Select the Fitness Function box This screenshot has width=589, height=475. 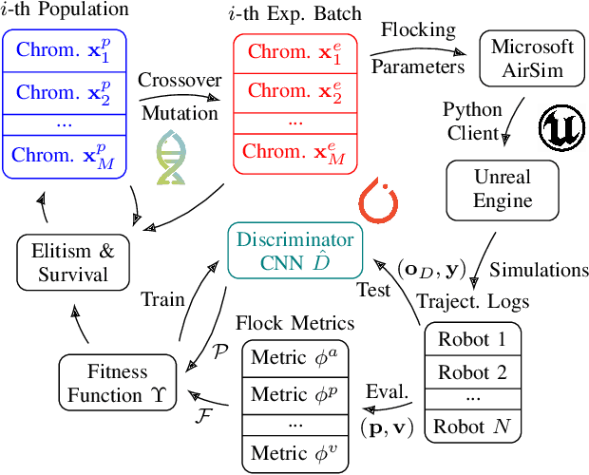coord(117,383)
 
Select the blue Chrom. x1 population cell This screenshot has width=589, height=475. coord(58,53)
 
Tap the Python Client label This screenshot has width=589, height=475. coord(472,122)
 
